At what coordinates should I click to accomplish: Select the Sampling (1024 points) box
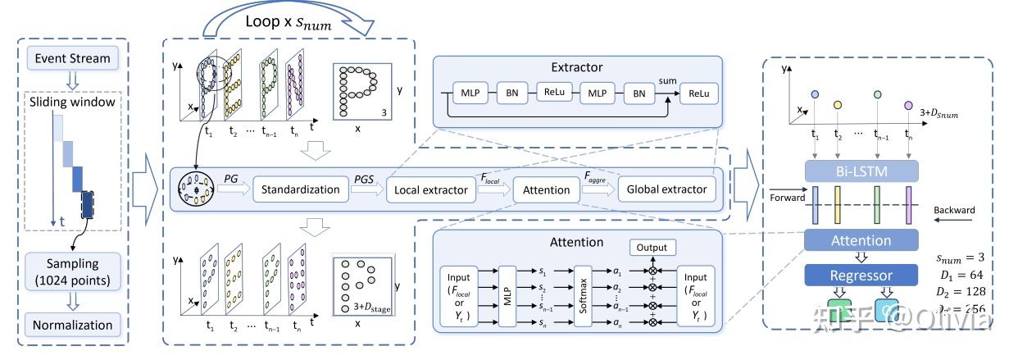(x=72, y=272)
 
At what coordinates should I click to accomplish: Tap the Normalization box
(x=72, y=325)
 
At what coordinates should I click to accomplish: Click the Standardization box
(x=300, y=189)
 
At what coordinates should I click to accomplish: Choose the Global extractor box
(x=666, y=189)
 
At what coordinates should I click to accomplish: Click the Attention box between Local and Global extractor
(x=546, y=190)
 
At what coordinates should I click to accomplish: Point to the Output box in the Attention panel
(x=652, y=247)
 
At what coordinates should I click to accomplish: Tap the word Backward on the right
(x=953, y=211)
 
